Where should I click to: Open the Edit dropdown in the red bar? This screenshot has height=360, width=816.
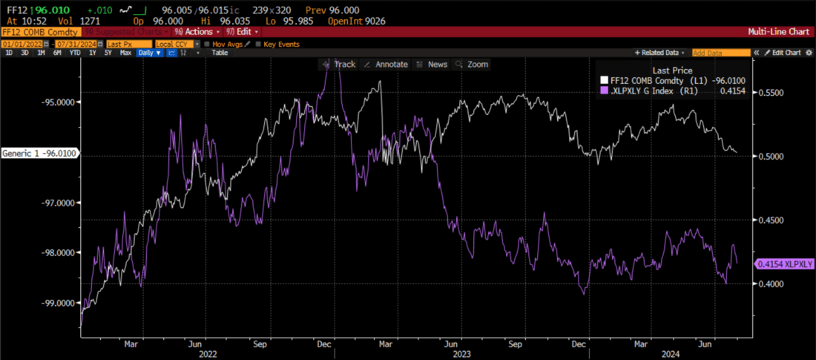[x=246, y=32]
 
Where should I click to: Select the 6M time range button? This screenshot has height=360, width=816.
[x=57, y=53]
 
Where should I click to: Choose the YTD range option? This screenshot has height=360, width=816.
[x=75, y=53]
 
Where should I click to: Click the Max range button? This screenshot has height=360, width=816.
[x=125, y=53]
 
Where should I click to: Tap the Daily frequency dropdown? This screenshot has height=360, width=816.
[x=149, y=53]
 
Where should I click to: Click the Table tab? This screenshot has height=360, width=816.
[x=220, y=53]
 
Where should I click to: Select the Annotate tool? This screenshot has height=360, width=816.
[x=386, y=65]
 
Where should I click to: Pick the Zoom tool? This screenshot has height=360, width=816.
[x=473, y=65]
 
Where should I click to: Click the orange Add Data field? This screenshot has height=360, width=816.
[x=720, y=53]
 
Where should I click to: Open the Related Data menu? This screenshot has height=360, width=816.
[x=659, y=53]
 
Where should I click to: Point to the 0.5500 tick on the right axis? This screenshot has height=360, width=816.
[x=770, y=93]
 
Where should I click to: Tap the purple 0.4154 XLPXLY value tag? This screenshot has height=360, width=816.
[x=785, y=264]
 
